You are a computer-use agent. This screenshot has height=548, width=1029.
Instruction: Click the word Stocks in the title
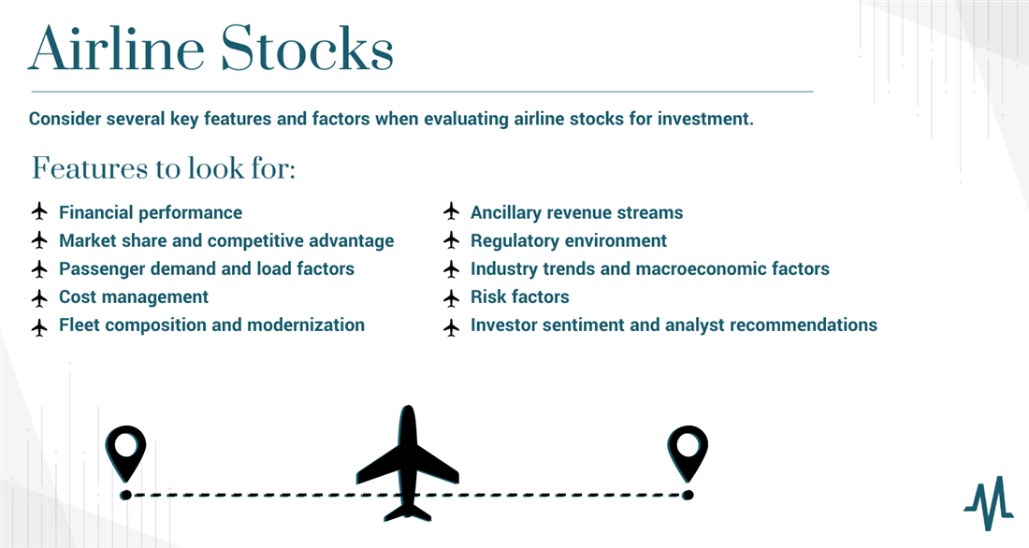[x=307, y=49]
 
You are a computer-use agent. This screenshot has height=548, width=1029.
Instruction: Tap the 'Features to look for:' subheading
[x=164, y=168]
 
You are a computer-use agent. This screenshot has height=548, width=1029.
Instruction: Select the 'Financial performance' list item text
[x=151, y=212]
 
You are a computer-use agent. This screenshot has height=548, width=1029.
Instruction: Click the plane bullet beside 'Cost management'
[x=40, y=298]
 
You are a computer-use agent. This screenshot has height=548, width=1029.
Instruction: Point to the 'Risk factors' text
[x=520, y=296]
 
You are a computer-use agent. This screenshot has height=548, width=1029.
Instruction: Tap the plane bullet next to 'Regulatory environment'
[x=452, y=241]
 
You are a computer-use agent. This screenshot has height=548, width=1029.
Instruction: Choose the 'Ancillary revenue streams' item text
[x=577, y=212]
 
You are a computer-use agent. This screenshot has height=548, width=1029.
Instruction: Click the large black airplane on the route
[x=408, y=464]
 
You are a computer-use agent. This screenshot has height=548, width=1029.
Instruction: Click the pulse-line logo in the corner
[x=989, y=503]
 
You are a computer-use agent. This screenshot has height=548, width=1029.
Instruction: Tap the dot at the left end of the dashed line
[x=125, y=495]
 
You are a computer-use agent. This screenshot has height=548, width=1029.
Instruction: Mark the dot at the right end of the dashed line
[x=688, y=495]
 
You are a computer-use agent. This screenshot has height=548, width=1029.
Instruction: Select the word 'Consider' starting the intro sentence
[x=65, y=119]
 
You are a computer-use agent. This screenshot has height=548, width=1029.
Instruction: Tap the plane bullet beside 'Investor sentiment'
[x=452, y=326]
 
